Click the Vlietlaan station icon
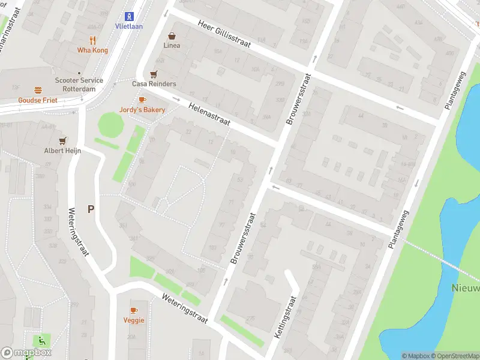(128, 16)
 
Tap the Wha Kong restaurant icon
(92, 40)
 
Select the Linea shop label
(172, 46)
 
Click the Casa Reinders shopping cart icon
(154, 74)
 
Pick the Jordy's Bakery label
(142, 110)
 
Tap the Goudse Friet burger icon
(38, 90)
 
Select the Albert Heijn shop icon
(62, 140)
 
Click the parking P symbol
(91, 209)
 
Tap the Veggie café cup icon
(134, 310)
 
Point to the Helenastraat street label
(209, 114)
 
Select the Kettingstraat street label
(286, 317)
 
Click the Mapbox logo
(26, 353)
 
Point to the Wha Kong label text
(92, 50)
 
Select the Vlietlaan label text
(128, 26)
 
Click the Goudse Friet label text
(38, 100)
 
